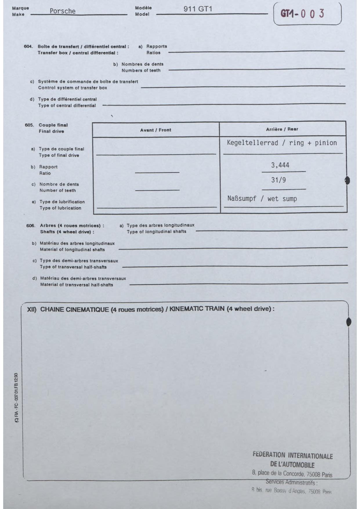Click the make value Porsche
[62, 11]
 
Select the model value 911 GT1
[198, 9]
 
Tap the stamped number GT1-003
[302, 14]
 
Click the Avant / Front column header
[155, 130]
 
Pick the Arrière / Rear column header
[282, 129]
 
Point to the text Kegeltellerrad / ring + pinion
[282, 143]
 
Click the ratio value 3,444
[280, 165]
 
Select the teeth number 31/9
[278, 180]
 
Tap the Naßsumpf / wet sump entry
[262, 199]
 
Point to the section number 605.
[29, 125]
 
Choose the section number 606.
[31, 225]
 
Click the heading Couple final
[53, 125]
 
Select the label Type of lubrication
[60, 208]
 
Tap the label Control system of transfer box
[73, 88]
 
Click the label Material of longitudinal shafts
[72, 250]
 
